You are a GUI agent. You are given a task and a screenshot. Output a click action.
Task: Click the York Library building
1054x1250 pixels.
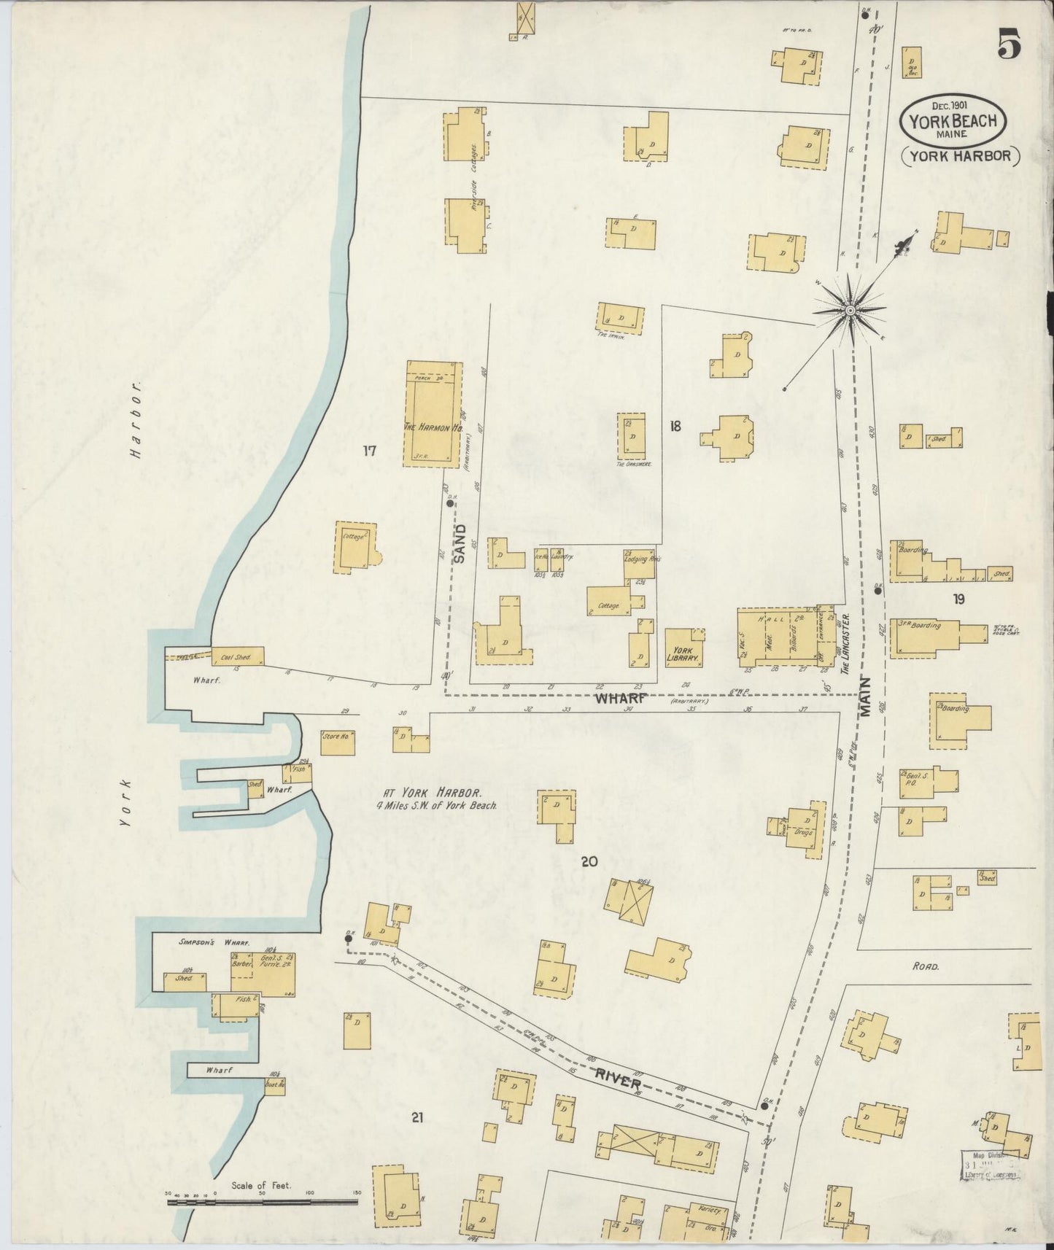point(683,648)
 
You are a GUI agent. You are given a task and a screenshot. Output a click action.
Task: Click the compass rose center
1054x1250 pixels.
point(850,311)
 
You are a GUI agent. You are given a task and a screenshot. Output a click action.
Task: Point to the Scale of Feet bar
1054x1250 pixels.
point(263,1198)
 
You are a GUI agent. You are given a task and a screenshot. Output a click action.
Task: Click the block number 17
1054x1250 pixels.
point(369,451)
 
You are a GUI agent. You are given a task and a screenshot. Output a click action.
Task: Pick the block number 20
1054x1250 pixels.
point(589,862)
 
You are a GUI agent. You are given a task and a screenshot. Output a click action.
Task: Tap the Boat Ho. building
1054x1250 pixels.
point(275,1084)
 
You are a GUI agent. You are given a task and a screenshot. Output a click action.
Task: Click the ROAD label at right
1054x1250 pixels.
point(925,966)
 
